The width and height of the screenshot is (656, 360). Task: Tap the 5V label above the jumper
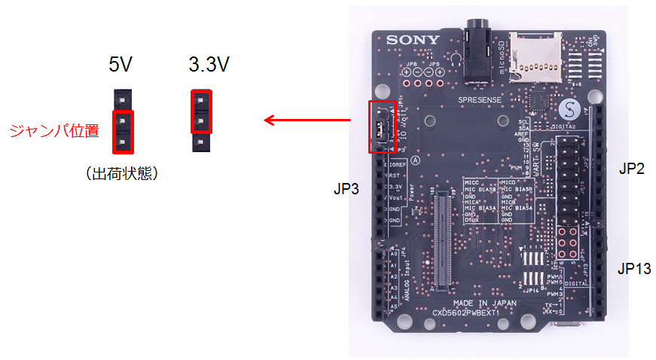[x=121, y=66]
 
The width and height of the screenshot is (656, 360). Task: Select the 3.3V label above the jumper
[x=209, y=66]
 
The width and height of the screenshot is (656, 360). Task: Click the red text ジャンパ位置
[x=54, y=130]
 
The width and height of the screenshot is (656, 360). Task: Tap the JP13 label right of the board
[x=633, y=268]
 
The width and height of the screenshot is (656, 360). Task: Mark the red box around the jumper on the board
[x=382, y=127]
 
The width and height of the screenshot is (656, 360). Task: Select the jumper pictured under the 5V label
[x=123, y=121]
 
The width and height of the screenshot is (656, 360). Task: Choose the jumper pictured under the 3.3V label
[x=200, y=121]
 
